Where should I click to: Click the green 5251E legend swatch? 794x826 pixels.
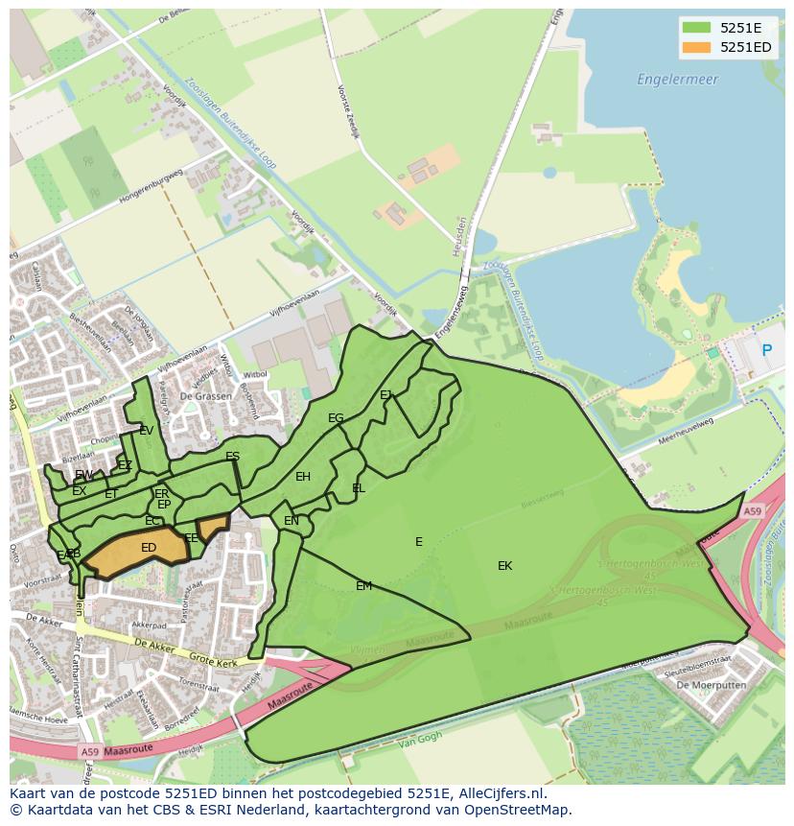(696, 28)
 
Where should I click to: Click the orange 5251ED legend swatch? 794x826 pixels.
(696, 47)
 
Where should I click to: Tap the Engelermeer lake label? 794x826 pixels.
(677, 80)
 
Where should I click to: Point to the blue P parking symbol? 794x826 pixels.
(766, 351)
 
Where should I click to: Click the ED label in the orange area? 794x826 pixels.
(149, 548)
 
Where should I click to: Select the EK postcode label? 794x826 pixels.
(504, 566)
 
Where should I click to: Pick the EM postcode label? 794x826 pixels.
(363, 586)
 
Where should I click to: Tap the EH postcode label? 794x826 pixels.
(303, 477)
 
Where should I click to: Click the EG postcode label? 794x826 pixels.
(336, 418)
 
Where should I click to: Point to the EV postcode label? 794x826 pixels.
(146, 431)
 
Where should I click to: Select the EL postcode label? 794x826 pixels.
(359, 488)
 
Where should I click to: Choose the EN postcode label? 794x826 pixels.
(292, 521)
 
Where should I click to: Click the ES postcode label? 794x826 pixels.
(232, 457)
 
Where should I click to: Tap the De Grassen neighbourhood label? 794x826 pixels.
(205, 395)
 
